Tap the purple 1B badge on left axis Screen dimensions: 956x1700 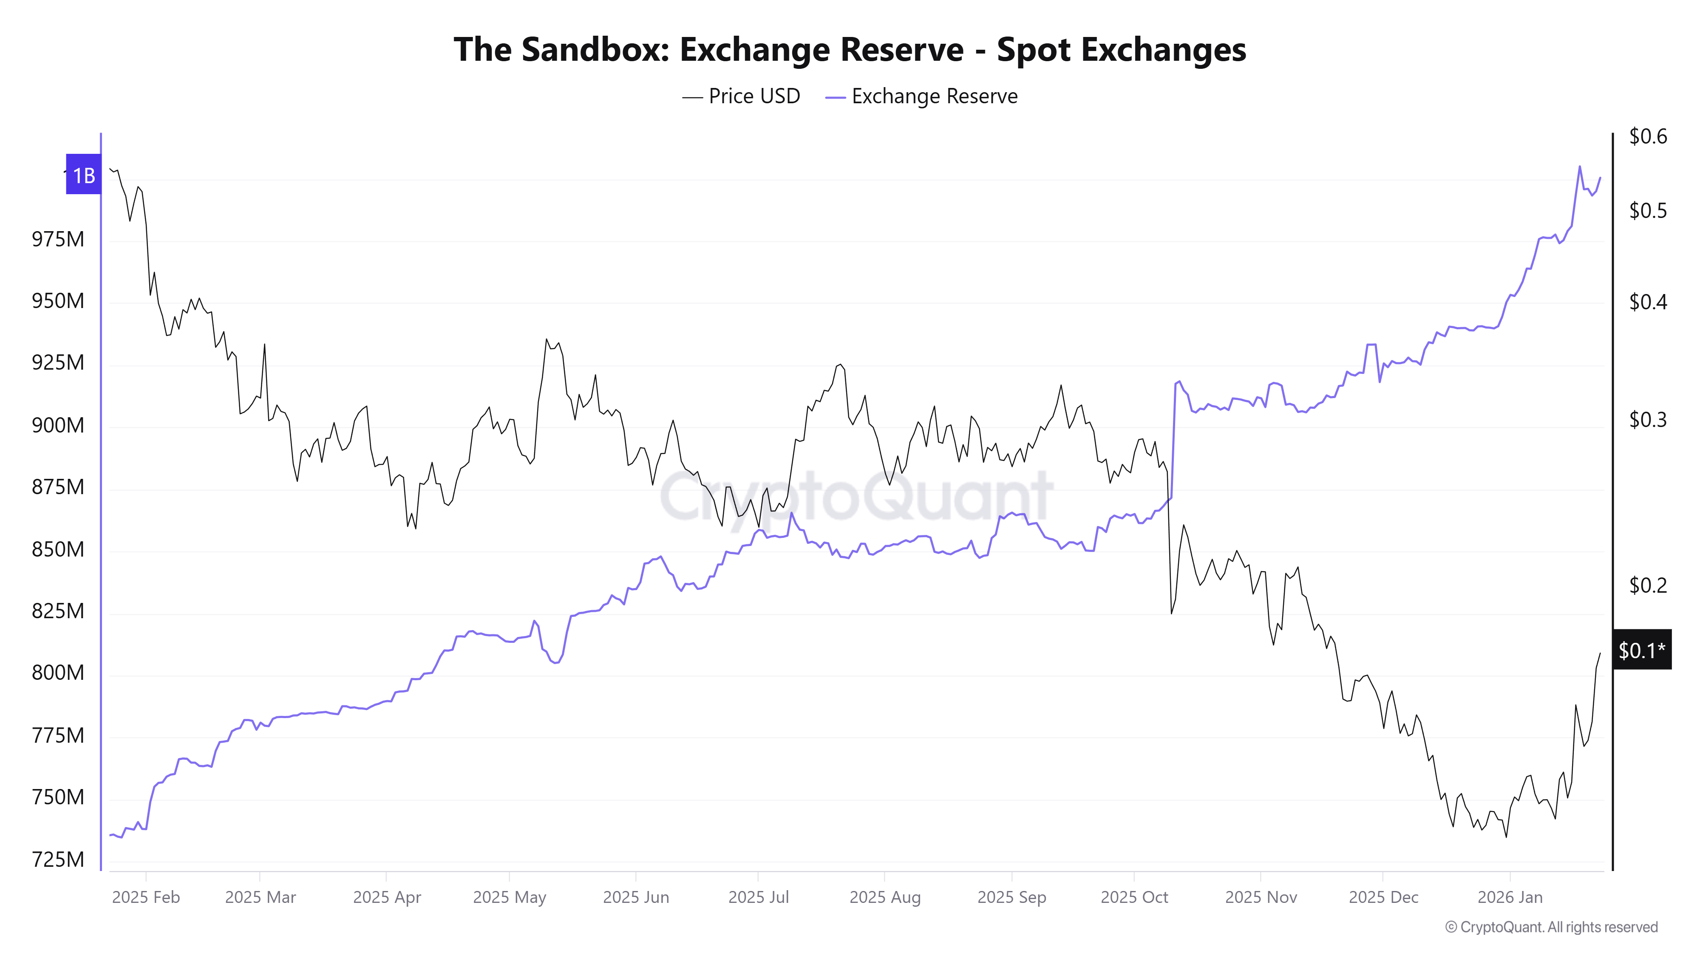pos(83,175)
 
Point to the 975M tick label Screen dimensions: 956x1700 pos(58,239)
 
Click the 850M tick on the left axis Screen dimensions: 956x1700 pos(58,549)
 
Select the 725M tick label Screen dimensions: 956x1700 pos(58,859)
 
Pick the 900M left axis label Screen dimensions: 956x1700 pos(58,425)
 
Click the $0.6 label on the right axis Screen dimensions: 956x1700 pos(1647,136)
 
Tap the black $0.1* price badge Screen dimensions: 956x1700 pos(1641,650)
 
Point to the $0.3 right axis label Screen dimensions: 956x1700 pos(1647,420)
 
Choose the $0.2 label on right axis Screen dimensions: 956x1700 pos(1647,585)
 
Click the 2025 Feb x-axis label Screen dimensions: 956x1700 pos(146,897)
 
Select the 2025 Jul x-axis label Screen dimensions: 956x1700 pos(758,897)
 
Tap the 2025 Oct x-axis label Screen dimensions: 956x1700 pos(1134,897)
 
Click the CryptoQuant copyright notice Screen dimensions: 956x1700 pos(1551,927)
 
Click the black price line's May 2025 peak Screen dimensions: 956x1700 pos(547,340)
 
